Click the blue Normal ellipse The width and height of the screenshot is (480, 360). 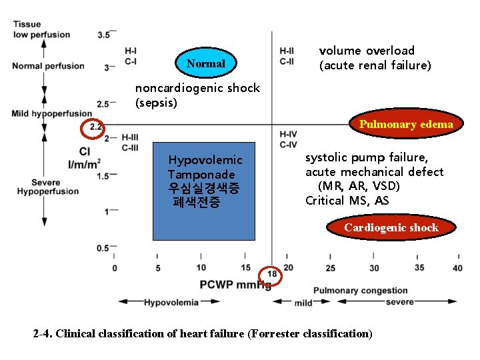coord(206,64)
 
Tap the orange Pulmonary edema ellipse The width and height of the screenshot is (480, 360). coord(405,124)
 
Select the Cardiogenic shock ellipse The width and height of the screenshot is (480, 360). coord(391,228)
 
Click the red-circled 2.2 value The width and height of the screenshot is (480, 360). coord(95,127)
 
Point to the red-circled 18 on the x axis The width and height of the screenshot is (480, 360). coord(272,275)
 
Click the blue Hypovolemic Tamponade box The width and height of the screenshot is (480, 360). coord(204,191)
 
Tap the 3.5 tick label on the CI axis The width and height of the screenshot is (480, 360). coord(103,34)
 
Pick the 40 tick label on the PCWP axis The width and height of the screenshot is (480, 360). coord(457,268)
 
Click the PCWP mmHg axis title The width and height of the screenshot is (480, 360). coord(235,285)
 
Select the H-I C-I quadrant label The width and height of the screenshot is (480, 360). coord(131,56)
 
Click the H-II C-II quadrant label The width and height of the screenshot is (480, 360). coord(287,56)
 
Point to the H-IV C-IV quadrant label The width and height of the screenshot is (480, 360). coord(289,139)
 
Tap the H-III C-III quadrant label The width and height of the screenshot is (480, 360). coord(130,142)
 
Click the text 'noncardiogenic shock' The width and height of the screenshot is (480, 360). coord(197,89)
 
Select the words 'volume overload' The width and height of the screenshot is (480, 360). coord(367,51)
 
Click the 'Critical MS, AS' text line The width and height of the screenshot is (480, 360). coord(347,201)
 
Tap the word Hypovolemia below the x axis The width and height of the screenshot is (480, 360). coord(171,302)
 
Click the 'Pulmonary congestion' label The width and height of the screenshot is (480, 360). coord(360,291)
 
